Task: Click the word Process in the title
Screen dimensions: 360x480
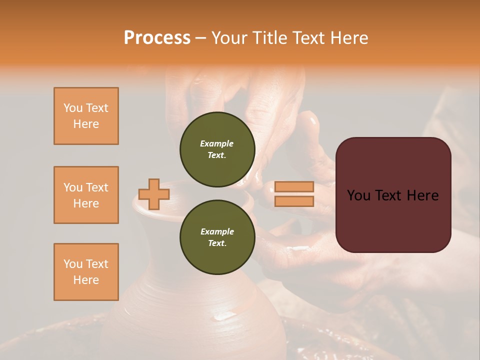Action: coord(157,38)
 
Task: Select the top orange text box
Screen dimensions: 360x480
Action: coord(86,116)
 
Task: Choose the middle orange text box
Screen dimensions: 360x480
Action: coord(86,195)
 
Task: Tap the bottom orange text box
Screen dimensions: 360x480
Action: coord(86,272)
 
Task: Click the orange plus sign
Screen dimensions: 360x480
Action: coord(153,194)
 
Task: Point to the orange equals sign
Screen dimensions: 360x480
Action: coord(294,194)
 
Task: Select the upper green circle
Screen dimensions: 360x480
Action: coord(217,149)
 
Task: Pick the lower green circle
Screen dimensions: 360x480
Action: coord(217,237)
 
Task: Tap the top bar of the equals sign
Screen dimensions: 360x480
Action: coord(294,187)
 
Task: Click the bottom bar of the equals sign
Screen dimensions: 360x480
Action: coord(294,201)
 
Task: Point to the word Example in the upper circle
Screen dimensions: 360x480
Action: coord(216,143)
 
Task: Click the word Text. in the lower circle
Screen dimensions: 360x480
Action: coord(217,243)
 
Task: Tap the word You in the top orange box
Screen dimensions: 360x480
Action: coord(72,108)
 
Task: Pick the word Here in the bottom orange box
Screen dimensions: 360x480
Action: coord(86,280)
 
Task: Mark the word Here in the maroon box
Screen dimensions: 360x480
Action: coord(422,195)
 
